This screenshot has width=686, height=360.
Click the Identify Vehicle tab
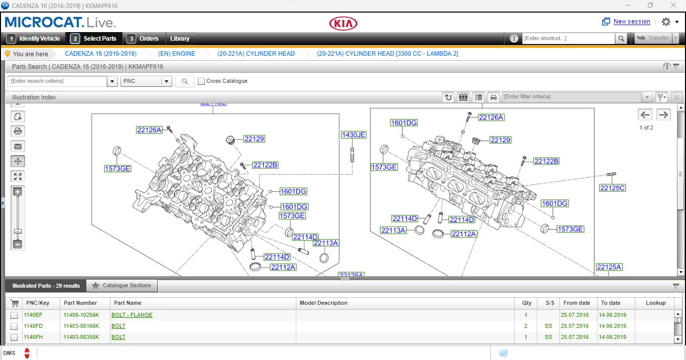[34, 39]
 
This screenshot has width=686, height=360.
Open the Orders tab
[144, 39]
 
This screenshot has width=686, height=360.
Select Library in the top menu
[180, 39]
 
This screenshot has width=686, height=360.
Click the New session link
[631, 22]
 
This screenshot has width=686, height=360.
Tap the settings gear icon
[666, 22]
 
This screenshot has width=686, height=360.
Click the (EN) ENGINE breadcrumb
[176, 54]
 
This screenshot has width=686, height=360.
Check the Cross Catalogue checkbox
[201, 81]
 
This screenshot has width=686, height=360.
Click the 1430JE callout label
[354, 135]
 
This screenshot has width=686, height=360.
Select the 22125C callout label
[612, 188]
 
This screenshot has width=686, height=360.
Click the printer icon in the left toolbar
[18, 132]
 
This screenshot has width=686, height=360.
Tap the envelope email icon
[18, 147]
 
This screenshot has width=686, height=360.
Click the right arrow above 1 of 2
[663, 114]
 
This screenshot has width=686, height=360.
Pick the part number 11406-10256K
[81, 315]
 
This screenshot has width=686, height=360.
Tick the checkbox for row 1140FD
[14, 326]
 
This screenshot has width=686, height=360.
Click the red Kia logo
[343, 23]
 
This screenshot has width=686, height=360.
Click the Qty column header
[526, 303]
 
